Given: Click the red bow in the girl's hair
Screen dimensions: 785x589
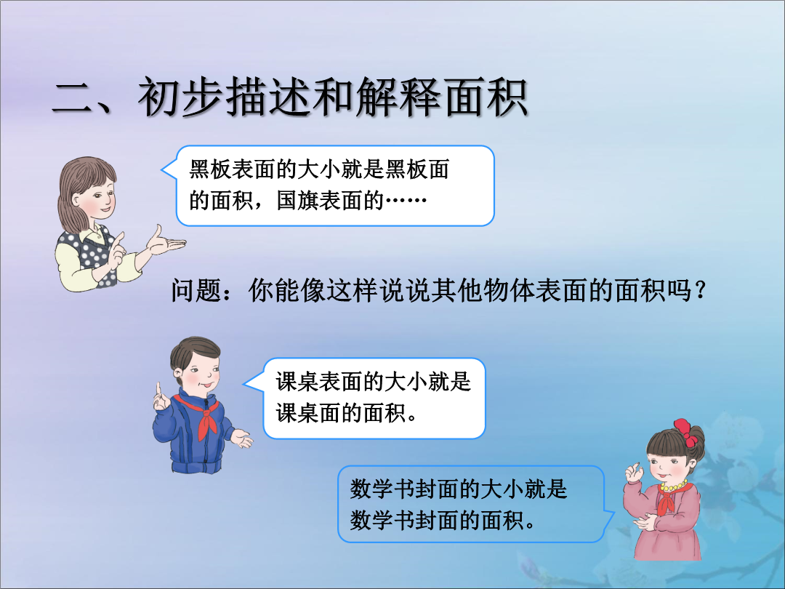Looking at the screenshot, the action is click(685, 432).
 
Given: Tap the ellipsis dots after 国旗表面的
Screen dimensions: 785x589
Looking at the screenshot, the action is click(406, 201).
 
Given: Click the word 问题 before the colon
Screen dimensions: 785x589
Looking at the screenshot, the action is click(196, 290).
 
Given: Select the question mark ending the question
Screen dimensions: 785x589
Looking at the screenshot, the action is click(701, 290).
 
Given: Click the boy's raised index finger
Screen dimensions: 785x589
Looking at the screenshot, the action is click(158, 390).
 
